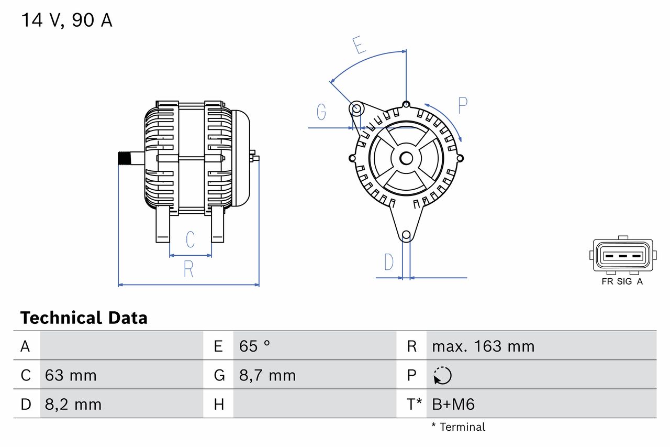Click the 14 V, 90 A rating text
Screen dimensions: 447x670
click(x=66, y=20)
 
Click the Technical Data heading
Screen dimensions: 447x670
click(x=84, y=318)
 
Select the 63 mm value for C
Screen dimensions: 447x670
click(x=71, y=375)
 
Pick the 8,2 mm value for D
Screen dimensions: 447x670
click(x=73, y=404)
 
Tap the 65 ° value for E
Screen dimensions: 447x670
click(x=254, y=346)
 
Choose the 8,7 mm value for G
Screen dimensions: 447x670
click(x=267, y=375)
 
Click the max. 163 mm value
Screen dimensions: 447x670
click(x=483, y=346)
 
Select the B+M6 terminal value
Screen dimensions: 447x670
click(x=453, y=404)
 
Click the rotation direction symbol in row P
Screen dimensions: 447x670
click(x=442, y=375)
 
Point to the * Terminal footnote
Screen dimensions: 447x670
click(x=459, y=427)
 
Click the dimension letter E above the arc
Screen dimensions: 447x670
click(x=359, y=45)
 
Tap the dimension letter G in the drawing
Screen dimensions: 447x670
click(x=321, y=112)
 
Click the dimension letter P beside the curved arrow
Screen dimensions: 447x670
click(x=463, y=105)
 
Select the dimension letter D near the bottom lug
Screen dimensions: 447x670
click(x=388, y=261)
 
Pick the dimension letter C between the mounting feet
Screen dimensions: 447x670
click(x=191, y=239)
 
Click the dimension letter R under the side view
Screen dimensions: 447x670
click(x=188, y=269)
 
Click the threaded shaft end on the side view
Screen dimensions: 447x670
click(x=124, y=158)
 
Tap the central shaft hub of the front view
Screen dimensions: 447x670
click(x=406, y=158)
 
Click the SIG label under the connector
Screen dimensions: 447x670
click(x=624, y=281)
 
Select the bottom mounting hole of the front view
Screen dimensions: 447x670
click(x=406, y=235)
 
